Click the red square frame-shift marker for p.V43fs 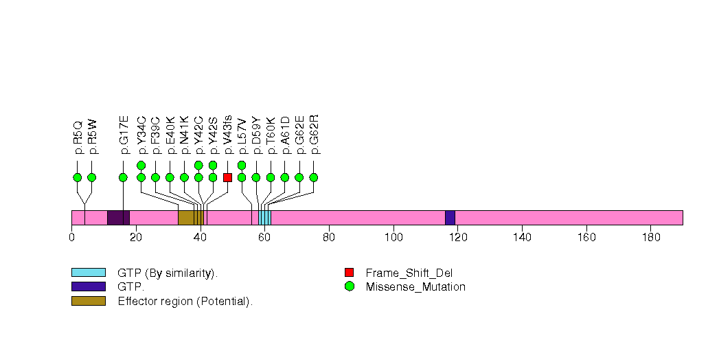pyautogui.click(x=227, y=177)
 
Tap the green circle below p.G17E pyautogui.click(x=123, y=177)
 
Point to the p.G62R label pyautogui.click(x=314, y=131)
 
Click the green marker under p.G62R pyautogui.click(x=314, y=177)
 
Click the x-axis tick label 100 pyautogui.click(x=393, y=238)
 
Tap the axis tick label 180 pyautogui.click(x=651, y=238)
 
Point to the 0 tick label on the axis pyautogui.click(x=71, y=238)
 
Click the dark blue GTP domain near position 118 pyautogui.click(x=450, y=218)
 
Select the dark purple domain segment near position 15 pyautogui.click(x=118, y=218)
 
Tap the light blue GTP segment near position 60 pyautogui.click(x=264, y=218)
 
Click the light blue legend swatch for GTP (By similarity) pyautogui.click(x=88, y=273)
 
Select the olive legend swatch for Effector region pyautogui.click(x=88, y=300)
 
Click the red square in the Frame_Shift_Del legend pyautogui.click(x=349, y=273)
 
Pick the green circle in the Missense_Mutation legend pyautogui.click(x=349, y=286)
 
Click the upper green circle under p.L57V pyautogui.click(x=242, y=165)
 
